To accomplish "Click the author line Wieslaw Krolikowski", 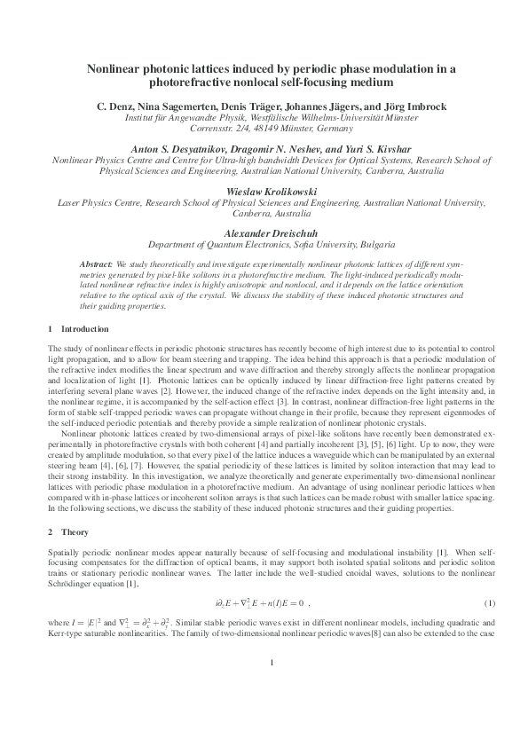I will click(264, 192).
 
